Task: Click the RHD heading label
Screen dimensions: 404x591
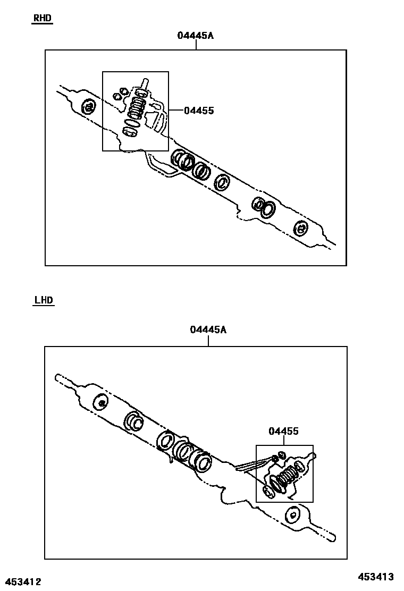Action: coord(42,18)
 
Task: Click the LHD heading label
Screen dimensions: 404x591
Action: coord(44,300)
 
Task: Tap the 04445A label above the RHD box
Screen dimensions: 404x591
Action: coord(195,36)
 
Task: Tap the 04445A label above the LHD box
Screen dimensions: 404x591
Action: coord(208,330)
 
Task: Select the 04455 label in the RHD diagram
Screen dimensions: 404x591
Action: coord(199,111)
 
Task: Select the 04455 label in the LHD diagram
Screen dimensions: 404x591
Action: coord(283,431)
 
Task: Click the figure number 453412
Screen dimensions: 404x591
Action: coord(21,582)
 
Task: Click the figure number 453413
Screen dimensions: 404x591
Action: coord(375,576)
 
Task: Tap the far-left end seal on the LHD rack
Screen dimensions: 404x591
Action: coord(100,402)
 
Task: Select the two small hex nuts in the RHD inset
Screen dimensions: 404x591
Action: coord(120,94)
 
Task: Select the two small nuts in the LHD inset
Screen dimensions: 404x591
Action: coord(279,456)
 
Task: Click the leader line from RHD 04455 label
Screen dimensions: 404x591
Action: coord(176,110)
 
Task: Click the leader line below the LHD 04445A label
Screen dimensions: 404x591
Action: coord(208,341)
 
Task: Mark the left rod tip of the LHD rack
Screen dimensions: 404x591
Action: coord(57,377)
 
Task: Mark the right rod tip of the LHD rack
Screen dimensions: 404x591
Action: coord(332,538)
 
